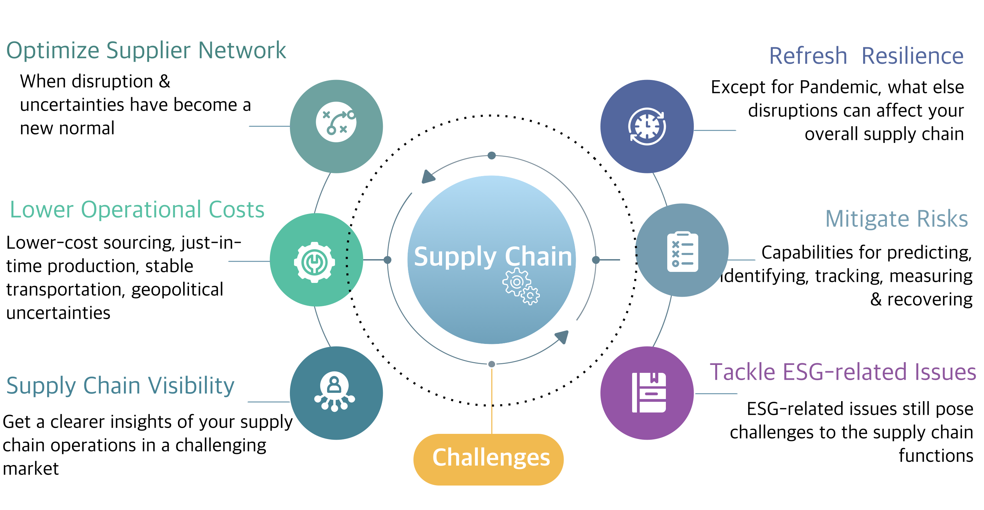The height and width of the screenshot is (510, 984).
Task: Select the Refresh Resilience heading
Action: [866, 56]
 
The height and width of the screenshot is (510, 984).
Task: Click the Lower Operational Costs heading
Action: [137, 210]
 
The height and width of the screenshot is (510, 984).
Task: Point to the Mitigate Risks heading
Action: [896, 219]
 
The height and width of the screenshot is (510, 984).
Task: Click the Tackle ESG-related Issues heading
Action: [842, 372]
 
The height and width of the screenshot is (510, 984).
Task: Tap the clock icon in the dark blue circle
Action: [647, 126]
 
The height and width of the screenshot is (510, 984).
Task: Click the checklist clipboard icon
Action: [682, 251]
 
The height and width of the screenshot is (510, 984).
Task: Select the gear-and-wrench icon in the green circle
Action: [314, 262]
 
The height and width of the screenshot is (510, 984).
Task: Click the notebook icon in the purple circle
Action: [649, 392]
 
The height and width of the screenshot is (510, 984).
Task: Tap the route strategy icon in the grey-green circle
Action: [336, 122]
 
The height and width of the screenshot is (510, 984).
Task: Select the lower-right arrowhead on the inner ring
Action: [562, 337]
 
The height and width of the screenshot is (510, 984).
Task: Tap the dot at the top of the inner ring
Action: [492, 156]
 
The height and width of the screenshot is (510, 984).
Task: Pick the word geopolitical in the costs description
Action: [177, 289]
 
